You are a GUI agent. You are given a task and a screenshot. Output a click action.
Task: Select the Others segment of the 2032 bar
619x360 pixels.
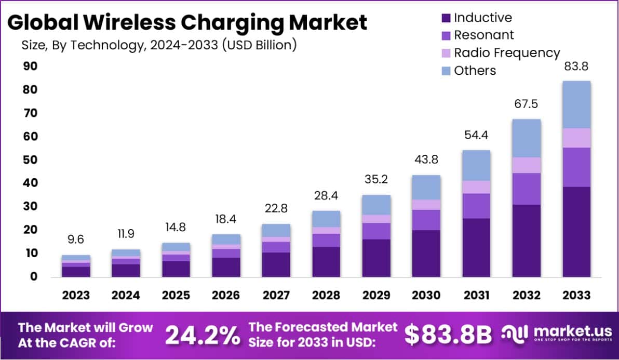tap(526, 138)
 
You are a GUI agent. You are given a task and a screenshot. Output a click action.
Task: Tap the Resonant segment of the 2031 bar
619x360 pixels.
tap(476, 206)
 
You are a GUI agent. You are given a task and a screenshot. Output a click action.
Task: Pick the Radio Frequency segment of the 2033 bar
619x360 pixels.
tap(576, 138)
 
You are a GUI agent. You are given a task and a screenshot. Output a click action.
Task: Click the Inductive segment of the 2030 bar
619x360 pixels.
tap(426, 253)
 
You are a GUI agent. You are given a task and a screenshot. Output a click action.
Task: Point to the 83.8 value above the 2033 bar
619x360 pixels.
tap(576, 67)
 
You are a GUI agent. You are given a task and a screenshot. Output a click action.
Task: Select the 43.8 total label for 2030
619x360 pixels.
tap(426, 161)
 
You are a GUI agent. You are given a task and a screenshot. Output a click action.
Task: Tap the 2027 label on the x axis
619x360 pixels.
tap(276, 295)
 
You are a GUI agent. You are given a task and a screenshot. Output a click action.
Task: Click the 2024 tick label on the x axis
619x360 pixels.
tap(126, 295)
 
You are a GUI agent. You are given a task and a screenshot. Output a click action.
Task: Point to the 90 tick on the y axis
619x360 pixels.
tap(30, 66)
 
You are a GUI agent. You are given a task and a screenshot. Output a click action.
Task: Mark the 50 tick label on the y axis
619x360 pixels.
tap(30, 160)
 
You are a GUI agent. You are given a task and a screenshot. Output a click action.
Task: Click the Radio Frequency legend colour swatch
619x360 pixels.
tap(445, 53)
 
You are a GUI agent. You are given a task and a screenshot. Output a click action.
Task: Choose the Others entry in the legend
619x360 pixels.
tap(475, 71)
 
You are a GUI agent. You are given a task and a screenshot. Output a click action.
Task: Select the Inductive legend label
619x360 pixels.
tap(482, 18)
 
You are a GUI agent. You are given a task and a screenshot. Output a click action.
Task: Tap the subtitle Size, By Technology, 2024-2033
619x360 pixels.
tap(159, 45)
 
